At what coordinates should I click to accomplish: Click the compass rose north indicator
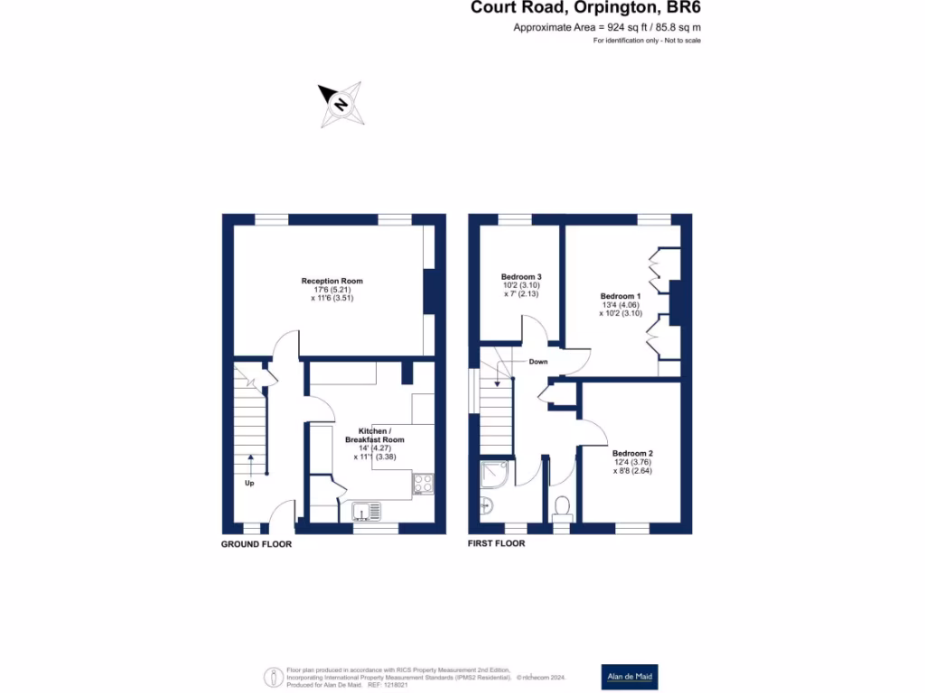341,103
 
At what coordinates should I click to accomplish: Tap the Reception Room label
332,281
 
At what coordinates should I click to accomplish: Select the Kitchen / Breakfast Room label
374,435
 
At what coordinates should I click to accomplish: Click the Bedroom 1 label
620,296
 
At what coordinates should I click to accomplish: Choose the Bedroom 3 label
520,276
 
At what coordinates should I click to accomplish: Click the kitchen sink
367,513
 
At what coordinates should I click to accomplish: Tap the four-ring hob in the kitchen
423,484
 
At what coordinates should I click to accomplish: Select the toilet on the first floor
561,507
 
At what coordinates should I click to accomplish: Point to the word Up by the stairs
249,483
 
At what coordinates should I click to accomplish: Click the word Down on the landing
537,361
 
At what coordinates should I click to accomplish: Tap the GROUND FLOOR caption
257,544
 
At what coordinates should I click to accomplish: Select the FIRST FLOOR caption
496,544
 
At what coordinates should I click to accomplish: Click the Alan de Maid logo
629,677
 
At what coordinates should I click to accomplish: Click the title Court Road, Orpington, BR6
585,8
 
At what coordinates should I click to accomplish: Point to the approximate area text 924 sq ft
607,28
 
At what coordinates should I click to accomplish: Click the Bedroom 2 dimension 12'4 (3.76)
632,462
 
